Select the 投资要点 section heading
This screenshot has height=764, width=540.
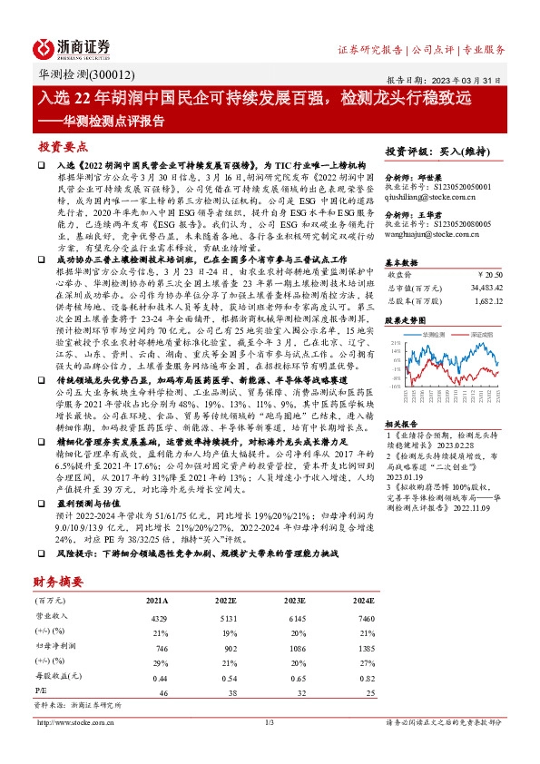click(x=63, y=146)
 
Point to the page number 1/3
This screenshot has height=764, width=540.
click(x=269, y=722)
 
